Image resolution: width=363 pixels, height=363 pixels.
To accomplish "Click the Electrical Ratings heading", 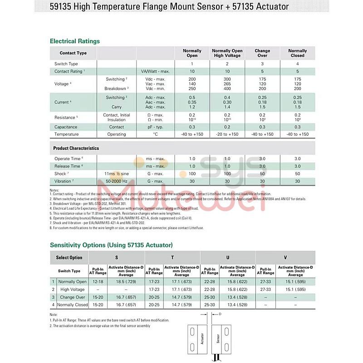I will click(74, 41).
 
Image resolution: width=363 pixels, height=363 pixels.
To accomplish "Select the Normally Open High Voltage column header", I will click(227, 53).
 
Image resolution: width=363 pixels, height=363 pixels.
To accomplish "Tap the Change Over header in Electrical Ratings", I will click(262, 53).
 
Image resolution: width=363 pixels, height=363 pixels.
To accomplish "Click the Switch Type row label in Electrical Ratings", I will click(66, 64).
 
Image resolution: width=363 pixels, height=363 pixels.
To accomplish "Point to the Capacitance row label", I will click(66, 127).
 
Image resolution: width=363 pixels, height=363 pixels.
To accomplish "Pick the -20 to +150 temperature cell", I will click(227, 134).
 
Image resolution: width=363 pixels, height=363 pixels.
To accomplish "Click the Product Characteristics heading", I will click(76, 148).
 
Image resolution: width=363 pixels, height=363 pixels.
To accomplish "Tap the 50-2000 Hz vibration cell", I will click(117, 181).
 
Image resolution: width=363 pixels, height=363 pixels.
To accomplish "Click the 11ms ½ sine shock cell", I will click(117, 174).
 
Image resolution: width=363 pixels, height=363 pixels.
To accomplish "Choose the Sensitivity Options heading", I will click(111, 245).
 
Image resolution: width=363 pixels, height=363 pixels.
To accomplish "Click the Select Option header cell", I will click(69, 258).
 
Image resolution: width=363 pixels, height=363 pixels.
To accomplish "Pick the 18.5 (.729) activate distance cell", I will click(126, 282).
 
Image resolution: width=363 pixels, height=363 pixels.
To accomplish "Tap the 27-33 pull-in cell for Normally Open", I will click(265, 282).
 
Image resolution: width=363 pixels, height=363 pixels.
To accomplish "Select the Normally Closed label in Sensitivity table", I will click(72, 305).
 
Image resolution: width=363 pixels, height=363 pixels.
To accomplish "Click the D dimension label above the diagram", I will click(220, 314).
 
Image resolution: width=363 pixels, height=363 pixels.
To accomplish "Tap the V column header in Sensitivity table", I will click(285, 258).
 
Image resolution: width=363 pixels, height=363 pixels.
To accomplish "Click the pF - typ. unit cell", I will click(155, 127).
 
